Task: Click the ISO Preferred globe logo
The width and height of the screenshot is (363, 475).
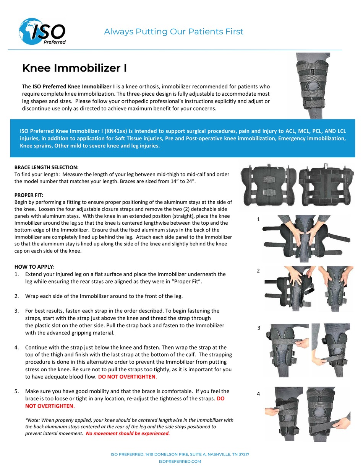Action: click(x=42, y=32)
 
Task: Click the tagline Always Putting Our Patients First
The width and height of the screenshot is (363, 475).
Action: click(x=173, y=32)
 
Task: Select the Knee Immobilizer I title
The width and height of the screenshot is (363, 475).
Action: click(x=75, y=68)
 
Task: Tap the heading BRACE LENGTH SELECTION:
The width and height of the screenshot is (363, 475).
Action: click(x=46, y=167)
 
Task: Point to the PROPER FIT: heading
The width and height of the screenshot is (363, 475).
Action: click(x=29, y=195)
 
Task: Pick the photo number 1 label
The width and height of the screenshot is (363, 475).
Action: click(x=259, y=219)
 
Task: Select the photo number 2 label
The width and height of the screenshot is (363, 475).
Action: click(x=258, y=271)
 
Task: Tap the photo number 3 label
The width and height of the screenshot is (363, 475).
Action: click(x=259, y=328)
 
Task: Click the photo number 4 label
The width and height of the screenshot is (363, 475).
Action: click(x=258, y=393)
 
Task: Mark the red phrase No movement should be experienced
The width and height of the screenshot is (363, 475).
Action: click(x=128, y=433)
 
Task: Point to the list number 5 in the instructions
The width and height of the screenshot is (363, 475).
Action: click(x=16, y=391)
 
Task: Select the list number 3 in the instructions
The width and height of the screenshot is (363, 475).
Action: click(x=16, y=311)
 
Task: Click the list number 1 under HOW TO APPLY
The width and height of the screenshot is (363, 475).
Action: click(x=16, y=274)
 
